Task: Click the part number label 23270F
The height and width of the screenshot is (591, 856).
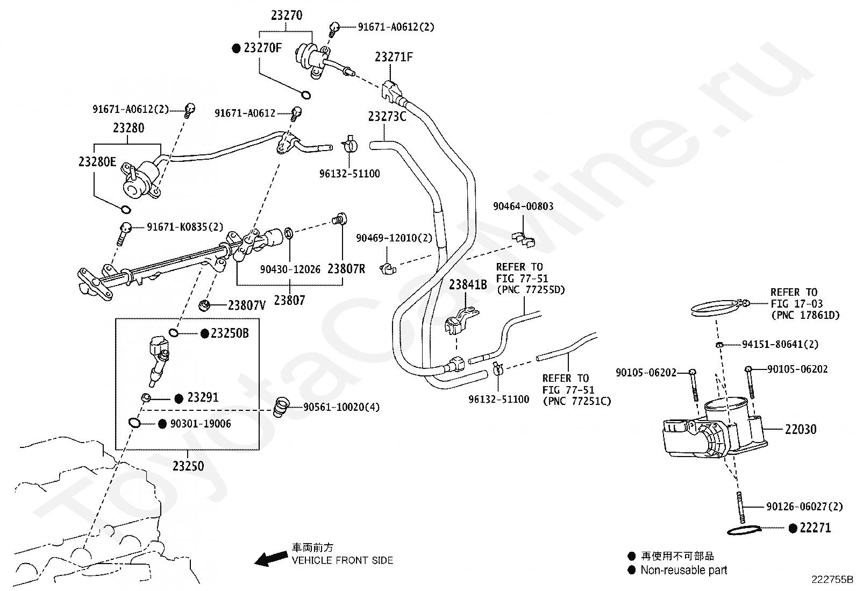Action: (x=262, y=48)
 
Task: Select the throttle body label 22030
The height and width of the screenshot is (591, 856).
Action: (x=801, y=429)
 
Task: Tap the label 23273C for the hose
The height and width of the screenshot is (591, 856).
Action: (x=387, y=116)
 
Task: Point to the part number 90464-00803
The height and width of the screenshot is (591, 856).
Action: (x=523, y=207)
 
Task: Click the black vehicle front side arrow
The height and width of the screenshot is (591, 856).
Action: (x=271, y=559)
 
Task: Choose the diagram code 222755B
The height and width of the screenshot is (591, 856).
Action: (x=832, y=580)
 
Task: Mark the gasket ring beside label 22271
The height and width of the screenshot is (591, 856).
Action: (x=744, y=530)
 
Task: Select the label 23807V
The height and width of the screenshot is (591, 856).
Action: (x=246, y=305)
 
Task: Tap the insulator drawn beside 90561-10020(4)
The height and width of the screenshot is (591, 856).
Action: (x=281, y=408)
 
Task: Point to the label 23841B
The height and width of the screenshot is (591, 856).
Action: (x=468, y=284)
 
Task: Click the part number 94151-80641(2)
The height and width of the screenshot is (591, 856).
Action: (x=780, y=344)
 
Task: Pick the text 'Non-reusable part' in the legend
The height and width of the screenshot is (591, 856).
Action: (x=683, y=570)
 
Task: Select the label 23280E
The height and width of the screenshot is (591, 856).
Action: (x=97, y=162)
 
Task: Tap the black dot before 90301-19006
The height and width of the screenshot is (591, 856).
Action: (x=162, y=424)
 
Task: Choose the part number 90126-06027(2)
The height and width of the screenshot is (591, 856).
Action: (x=804, y=507)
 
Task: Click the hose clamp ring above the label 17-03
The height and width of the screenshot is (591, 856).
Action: (x=717, y=308)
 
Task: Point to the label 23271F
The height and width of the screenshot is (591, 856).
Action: (x=394, y=57)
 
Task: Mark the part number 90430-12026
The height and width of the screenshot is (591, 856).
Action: (x=290, y=269)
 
